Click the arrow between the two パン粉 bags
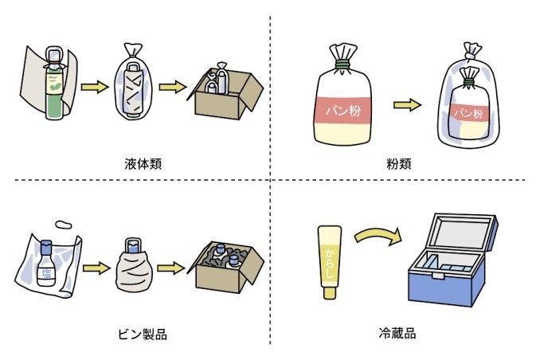(x=407, y=104)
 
